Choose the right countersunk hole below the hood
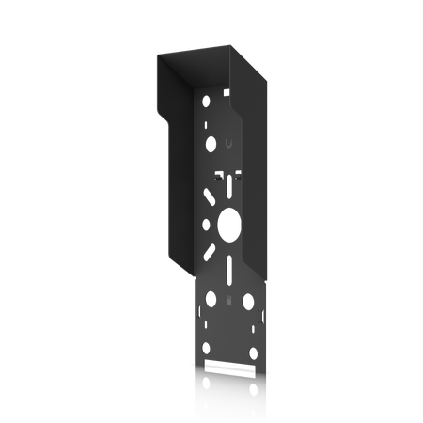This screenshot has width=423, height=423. pos(248,303)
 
